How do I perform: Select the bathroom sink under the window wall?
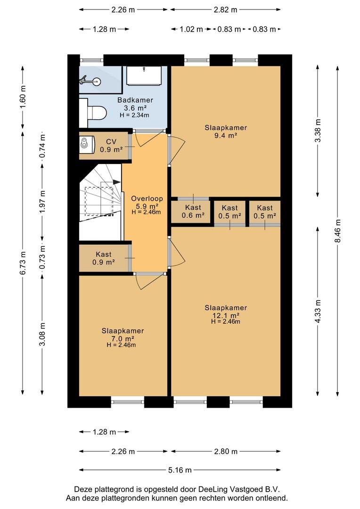[144, 75]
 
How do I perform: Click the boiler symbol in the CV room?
[86, 143]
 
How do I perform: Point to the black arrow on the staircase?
[117, 182]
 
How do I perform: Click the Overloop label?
[147, 199]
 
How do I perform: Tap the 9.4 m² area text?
[225, 136]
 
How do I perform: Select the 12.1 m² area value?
[226, 315]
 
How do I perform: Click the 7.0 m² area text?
[123, 338]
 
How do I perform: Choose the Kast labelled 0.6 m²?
[193, 212]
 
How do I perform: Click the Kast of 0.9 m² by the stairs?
[104, 258]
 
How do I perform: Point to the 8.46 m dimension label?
[337, 231]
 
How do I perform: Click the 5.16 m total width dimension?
[180, 470]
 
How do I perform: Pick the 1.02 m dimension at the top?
[191, 29]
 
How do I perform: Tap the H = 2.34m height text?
[134, 115]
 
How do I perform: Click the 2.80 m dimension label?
[226, 451]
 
